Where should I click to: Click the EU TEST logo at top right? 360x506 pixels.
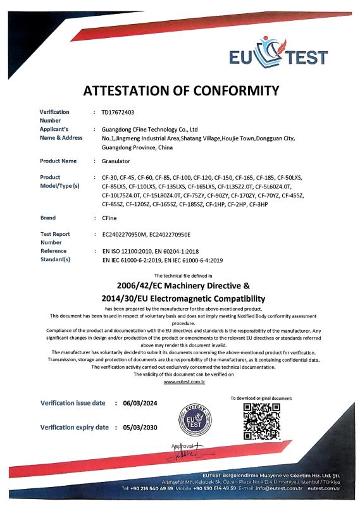point(278,54)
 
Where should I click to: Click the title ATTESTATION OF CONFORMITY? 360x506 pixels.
point(181,90)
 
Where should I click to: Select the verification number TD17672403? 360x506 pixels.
point(118,112)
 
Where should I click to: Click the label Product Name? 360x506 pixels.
point(58,161)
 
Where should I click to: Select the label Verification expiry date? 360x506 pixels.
point(73,427)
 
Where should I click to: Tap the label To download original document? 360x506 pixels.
point(261,398)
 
